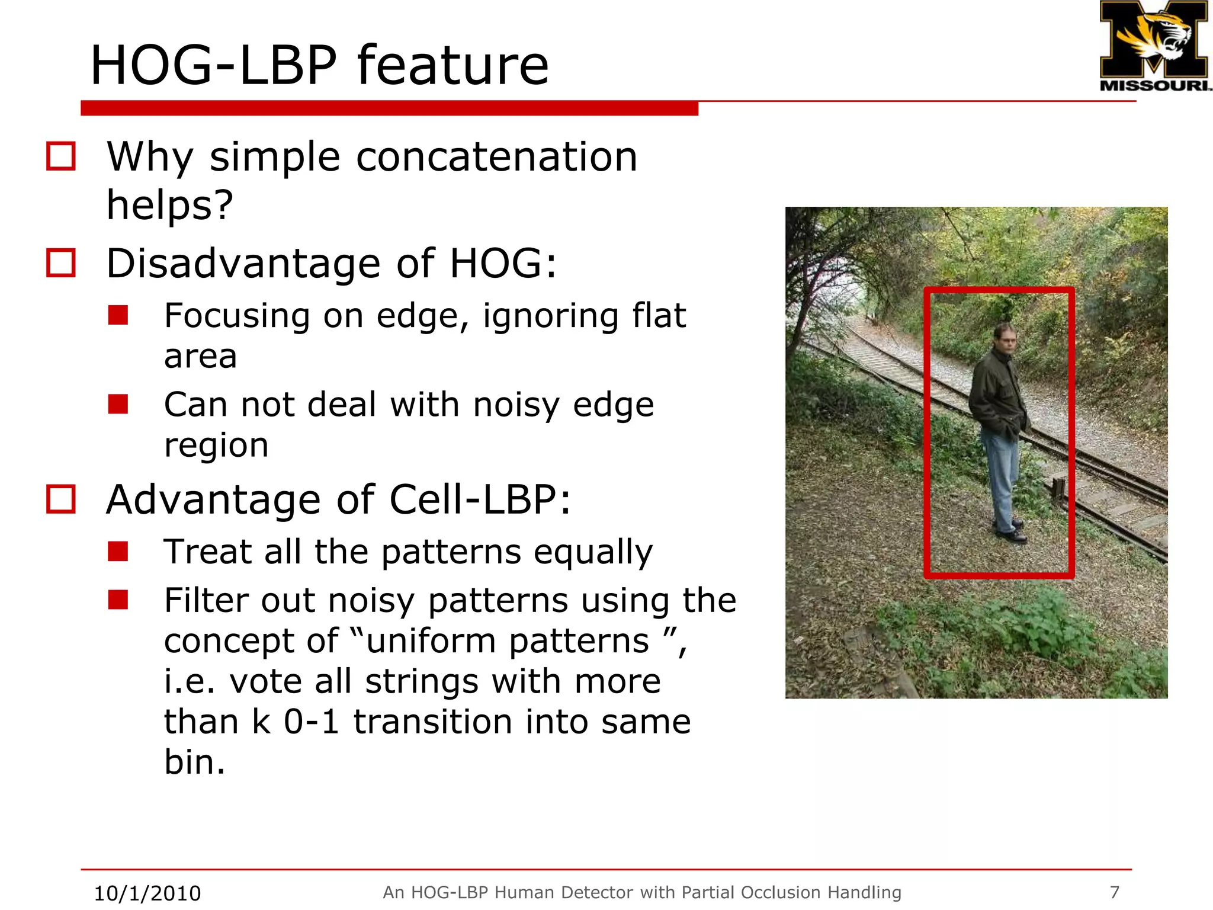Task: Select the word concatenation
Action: [x=496, y=158]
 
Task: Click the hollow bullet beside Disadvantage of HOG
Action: [x=61, y=263]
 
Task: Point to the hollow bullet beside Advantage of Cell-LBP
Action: [x=61, y=499]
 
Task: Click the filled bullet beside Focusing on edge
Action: [x=118, y=315]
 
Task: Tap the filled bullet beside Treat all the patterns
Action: [x=118, y=551]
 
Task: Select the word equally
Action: [x=593, y=552]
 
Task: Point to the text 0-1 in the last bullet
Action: [x=312, y=722]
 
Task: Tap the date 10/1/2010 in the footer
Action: [x=147, y=893]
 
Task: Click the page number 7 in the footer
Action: [x=1114, y=892]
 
